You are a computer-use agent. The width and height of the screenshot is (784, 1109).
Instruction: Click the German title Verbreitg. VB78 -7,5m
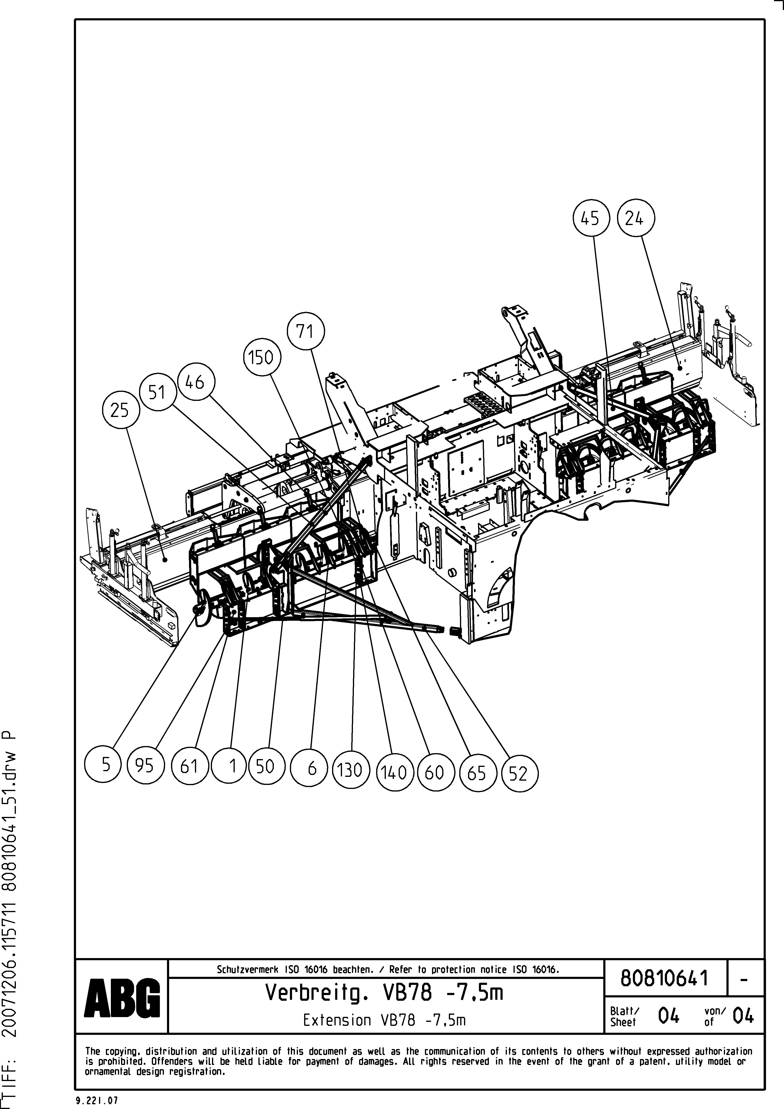coord(384,993)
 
